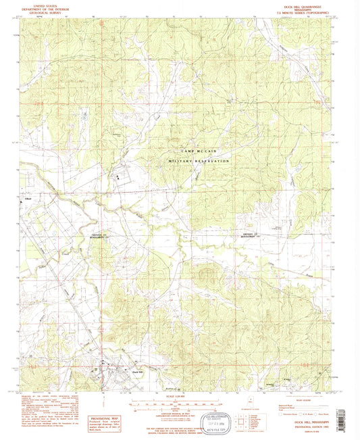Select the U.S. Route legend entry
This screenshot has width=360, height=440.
[x=304, y=410]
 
